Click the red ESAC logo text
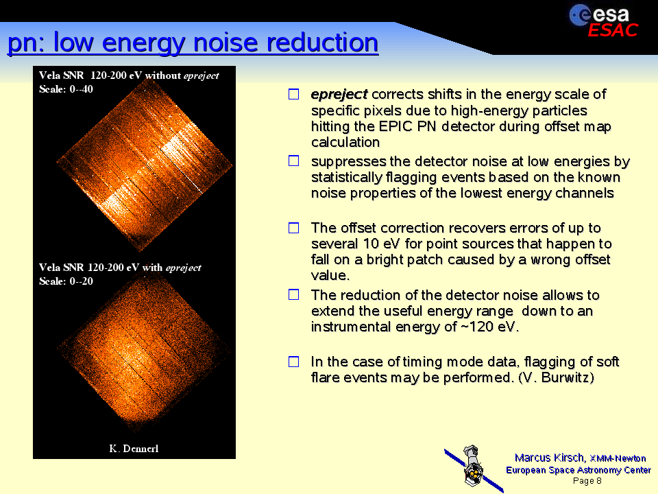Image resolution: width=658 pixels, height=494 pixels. [613, 30]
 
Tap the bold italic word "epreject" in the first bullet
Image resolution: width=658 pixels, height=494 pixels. [339, 95]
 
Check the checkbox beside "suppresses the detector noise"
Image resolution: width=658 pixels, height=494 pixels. [294, 161]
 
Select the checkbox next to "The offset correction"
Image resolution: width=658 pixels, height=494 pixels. [294, 228]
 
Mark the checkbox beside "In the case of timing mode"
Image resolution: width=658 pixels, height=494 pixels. [294, 362]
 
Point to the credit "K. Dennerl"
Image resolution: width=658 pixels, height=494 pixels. [134, 449]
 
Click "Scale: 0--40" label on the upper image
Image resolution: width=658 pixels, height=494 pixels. [66, 89]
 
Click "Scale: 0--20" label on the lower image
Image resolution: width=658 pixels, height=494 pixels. [66, 281]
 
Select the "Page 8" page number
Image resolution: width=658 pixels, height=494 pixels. [587, 480]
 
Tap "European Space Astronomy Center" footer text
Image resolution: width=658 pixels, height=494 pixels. [578, 469]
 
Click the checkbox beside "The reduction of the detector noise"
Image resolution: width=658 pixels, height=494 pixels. [294, 294]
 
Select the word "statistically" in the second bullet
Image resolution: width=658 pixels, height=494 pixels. [347, 178]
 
